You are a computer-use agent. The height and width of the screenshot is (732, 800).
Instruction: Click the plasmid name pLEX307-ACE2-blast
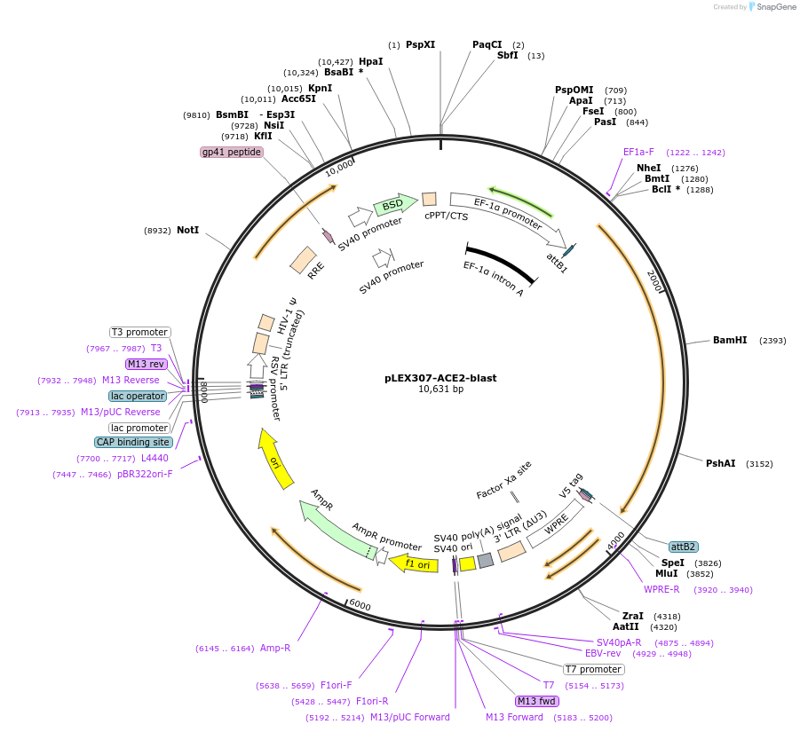click(440, 377)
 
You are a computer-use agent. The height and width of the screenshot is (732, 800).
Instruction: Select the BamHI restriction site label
click(729, 340)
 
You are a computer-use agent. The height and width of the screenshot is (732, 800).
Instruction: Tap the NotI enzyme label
click(187, 230)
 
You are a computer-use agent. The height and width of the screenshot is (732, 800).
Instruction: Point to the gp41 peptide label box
click(232, 152)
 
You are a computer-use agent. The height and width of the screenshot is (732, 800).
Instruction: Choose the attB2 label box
click(683, 547)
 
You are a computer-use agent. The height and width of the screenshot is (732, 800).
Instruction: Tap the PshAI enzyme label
click(720, 463)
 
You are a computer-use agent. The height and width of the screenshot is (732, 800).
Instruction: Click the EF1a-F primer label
click(638, 152)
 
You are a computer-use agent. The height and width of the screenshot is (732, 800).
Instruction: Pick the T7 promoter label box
click(594, 669)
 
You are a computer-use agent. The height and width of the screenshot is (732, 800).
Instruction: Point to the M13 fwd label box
click(537, 701)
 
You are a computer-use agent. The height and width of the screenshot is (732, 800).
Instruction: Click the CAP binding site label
click(133, 442)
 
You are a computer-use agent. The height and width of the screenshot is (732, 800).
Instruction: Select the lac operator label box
click(138, 396)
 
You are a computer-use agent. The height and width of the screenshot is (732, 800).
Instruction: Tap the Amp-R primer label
click(275, 648)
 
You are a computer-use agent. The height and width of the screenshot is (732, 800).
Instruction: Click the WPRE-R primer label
click(661, 589)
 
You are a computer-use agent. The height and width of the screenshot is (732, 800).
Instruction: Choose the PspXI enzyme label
click(420, 44)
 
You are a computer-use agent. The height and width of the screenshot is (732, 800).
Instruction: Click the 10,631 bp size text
click(440, 389)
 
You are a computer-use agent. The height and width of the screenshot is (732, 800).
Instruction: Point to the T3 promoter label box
click(140, 332)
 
